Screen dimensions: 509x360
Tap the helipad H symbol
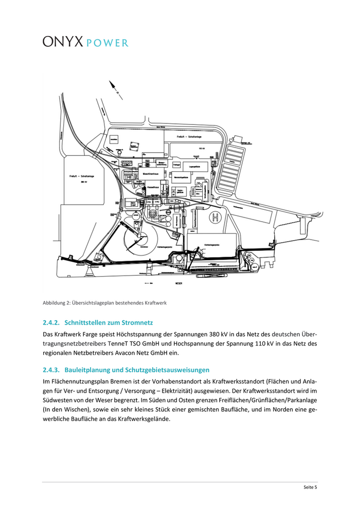[215, 218]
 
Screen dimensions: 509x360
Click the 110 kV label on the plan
[201, 148]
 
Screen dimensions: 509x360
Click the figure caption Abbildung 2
[104, 303]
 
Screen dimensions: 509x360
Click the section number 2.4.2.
[51, 323]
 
